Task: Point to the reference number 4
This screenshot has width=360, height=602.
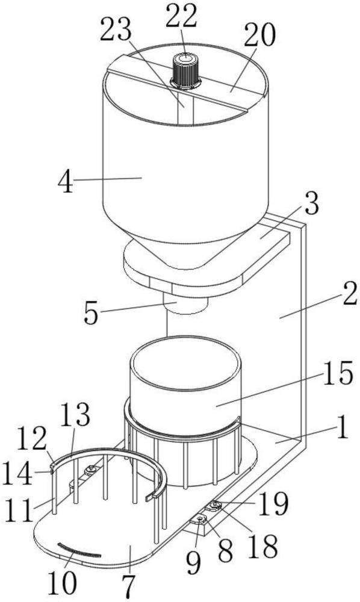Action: point(66,183)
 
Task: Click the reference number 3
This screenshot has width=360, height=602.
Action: point(311,204)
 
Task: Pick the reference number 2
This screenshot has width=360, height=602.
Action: point(349,294)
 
